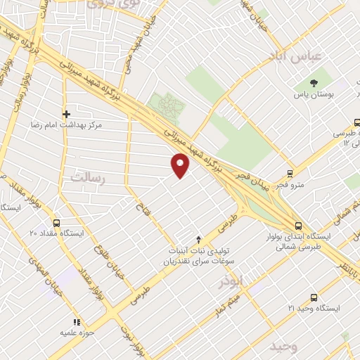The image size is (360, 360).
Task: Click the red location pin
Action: (181, 166)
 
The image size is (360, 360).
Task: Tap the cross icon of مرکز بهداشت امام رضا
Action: (67, 114)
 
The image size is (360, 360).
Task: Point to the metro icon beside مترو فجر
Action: (290, 174)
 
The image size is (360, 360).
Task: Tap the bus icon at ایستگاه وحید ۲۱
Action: (314, 298)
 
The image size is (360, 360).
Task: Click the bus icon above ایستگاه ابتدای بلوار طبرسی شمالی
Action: (299, 226)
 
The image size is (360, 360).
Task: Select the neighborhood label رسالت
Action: (87, 179)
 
